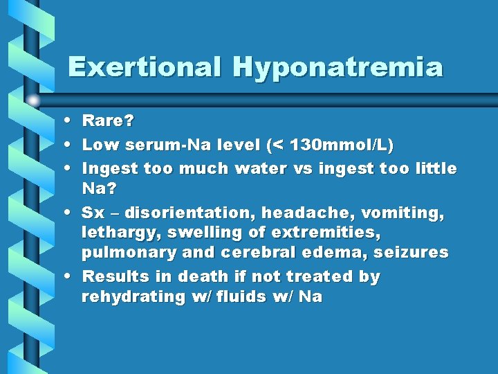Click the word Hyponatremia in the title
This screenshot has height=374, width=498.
(x=338, y=67)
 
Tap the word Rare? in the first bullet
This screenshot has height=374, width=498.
(x=109, y=121)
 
